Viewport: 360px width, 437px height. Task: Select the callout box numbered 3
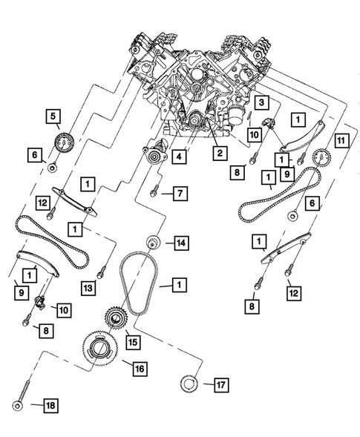tap(262, 102)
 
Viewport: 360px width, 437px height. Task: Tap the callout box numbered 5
tap(53, 115)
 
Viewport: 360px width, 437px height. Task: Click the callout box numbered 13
tap(88, 287)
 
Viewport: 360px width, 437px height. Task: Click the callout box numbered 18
tap(50, 406)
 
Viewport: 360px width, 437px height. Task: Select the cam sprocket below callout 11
tap(321, 158)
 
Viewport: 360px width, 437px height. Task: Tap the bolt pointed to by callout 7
tap(153, 193)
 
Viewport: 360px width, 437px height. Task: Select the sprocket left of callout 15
tap(115, 320)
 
